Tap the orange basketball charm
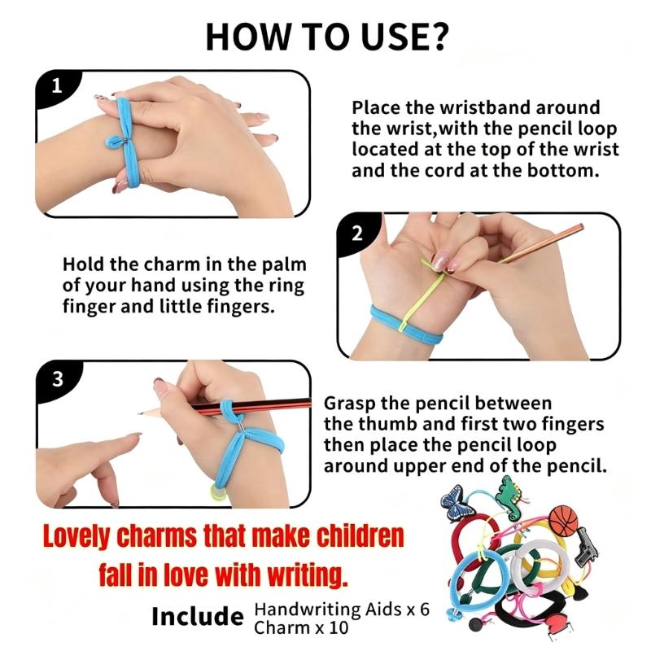[x=563, y=520]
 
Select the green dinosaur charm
[x=512, y=496]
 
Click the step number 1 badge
[x=56, y=86]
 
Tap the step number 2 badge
[x=357, y=234]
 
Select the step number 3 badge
[x=58, y=379]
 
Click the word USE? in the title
[x=404, y=37]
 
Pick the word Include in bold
[x=197, y=616]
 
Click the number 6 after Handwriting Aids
[x=424, y=609]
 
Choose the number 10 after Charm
[x=339, y=627]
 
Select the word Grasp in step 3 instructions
[x=350, y=404]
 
